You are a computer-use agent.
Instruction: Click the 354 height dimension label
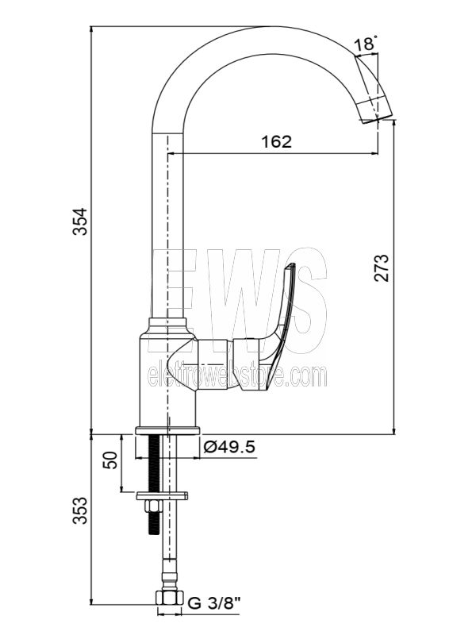pos(80,221)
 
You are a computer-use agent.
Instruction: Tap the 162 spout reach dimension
pos(276,142)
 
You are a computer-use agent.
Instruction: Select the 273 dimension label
pos(381,267)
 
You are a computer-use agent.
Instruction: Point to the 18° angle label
pos(366,44)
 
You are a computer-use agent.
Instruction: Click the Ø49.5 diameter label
pos(229,447)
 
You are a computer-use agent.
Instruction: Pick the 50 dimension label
pos(110,460)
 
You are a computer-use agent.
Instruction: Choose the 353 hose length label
pos(80,510)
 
